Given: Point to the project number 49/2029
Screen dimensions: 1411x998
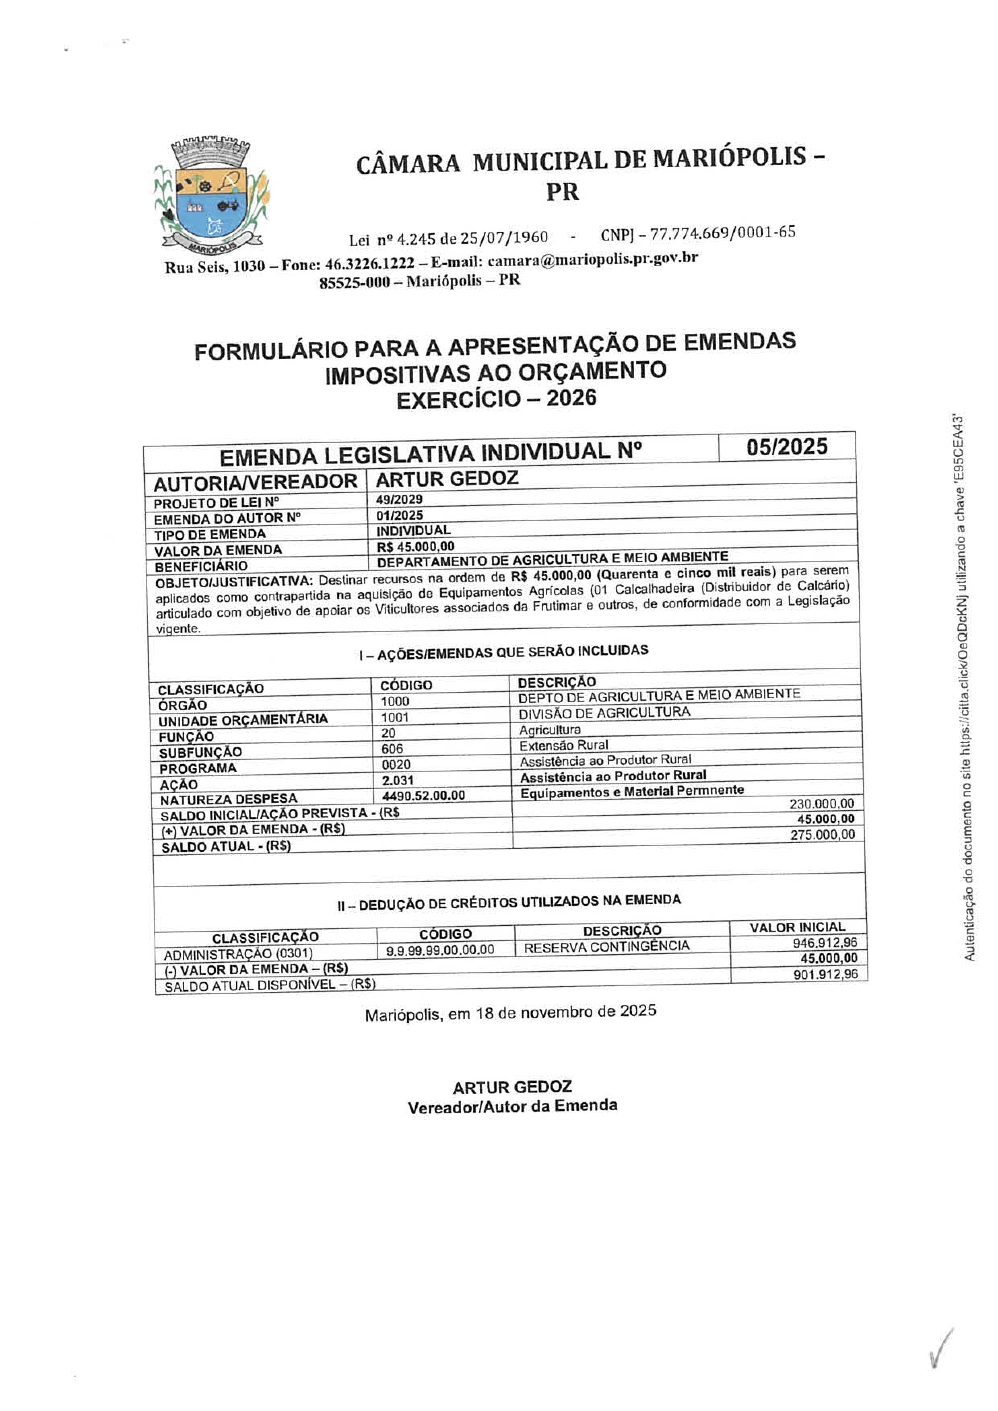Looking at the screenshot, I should (399, 499).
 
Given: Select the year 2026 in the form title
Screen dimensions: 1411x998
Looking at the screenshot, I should (571, 398).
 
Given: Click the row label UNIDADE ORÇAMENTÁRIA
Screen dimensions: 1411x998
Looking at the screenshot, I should (243, 720).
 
